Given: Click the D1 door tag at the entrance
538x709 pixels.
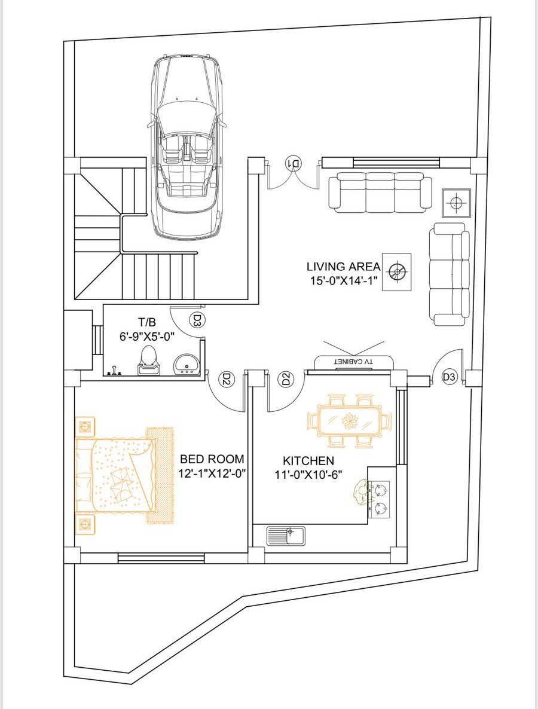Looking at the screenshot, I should (293, 163).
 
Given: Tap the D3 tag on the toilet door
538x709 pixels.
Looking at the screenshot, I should (197, 320).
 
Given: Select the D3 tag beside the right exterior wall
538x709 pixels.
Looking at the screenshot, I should (450, 377).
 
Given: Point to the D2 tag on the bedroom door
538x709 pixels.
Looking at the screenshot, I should (226, 379).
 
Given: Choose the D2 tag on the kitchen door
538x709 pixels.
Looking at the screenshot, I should (286, 379).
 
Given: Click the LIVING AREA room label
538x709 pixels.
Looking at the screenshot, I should (343, 267).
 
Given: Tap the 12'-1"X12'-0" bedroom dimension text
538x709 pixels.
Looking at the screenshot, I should (213, 473).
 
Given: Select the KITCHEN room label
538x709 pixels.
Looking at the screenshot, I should (308, 461).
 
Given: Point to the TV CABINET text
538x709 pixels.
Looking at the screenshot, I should (353, 362).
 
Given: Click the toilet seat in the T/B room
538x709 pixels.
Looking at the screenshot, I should (148, 360).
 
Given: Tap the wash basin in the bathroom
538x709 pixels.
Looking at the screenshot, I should (185, 364).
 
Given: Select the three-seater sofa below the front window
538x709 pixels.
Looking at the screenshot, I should (380, 192).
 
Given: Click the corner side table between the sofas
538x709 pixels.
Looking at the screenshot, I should (456, 204).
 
